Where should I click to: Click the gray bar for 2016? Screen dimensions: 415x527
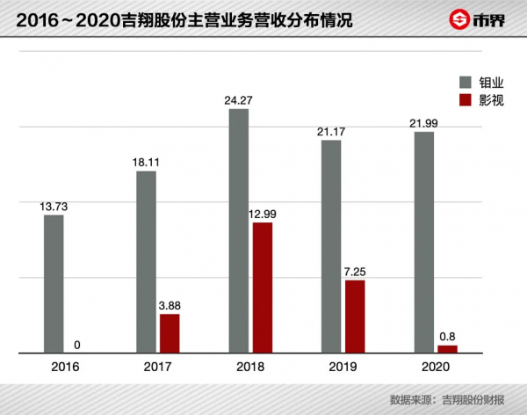54,284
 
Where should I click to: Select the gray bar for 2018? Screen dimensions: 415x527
239,231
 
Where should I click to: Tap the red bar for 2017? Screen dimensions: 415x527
170,333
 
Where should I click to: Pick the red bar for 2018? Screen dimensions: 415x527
262,288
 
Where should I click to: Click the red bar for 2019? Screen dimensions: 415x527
355,317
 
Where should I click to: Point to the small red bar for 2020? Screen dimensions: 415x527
447,349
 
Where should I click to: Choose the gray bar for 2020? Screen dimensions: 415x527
424,243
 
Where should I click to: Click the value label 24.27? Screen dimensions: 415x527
239,99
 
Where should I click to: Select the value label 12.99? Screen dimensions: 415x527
262,213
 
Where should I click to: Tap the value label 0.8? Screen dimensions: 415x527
447,336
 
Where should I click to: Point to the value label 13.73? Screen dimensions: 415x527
54,206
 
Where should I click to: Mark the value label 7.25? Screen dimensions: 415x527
355,271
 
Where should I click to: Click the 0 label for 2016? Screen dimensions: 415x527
77,344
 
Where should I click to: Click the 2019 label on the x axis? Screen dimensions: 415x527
343,367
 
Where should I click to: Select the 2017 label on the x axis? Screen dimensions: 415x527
158,367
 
